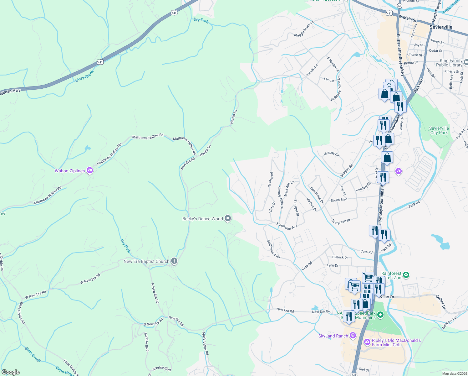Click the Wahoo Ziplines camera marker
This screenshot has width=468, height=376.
tap(90, 170)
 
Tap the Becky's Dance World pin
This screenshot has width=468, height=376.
tap(228, 218)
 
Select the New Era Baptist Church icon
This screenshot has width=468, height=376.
tap(174, 261)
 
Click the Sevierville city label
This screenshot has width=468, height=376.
tap(441, 27)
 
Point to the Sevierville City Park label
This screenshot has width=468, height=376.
tap(439, 130)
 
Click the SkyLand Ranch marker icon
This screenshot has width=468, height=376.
tap(353, 336)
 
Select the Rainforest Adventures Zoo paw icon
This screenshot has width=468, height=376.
tap(406, 275)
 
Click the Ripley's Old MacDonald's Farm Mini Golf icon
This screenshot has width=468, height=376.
tap(367, 342)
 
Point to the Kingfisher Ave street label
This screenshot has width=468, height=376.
tap(287, 226)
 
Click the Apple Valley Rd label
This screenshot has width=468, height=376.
tap(205, 343)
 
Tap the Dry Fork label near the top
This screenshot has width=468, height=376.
tap(201, 20)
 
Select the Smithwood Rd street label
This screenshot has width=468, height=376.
tap(273, 248)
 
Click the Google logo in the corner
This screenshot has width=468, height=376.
tap(11, 372)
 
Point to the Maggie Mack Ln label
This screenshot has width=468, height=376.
tap(304, 29)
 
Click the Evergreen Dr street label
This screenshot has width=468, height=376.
tap(341, 221)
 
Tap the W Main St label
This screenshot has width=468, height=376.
tap(407, 18)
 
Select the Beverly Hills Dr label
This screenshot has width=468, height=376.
tap(281, 197)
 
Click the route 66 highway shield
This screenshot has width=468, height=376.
tap(399, 6)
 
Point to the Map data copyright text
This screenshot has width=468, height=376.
tap(454, 373)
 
